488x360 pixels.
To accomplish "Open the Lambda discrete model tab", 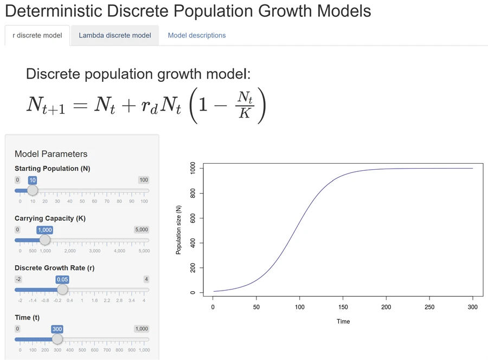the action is click(x=115, y=35).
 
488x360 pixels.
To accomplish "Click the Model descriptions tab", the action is click(x=197, y=35).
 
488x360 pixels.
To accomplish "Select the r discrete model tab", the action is click(x=37, y=35).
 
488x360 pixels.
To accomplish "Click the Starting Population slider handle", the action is click(x=33, y=190).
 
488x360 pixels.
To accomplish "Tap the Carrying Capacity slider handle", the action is click(x=45, y=240).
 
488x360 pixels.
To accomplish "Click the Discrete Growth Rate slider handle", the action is click(x=62, y=290).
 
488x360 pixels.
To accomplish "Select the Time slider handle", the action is click(x=57, y=339).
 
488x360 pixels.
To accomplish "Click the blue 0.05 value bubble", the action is click(x=62, y=279).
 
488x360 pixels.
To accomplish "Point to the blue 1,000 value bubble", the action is click(x=45, y=230).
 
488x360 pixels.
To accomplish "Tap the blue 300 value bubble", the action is click(x=57, y=329).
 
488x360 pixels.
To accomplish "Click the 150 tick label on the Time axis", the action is click(x=343, y=307).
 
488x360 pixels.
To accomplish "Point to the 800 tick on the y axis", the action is click(x=193, y=193).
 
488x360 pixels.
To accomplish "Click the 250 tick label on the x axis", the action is click(x=429, y=307).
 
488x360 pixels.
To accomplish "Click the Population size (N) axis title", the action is click(x=178, y=230).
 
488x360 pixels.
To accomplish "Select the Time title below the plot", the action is click(x=343, y=322).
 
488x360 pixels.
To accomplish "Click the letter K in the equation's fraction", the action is click(x=245, y=113).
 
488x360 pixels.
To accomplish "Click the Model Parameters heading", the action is click(x=51, y=154).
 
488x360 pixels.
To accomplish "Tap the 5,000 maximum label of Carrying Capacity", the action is click(x=142, y=230).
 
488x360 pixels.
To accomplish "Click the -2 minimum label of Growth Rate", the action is click(x=18, y=279).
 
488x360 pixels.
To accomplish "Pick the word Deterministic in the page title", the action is click(x=54, y=11).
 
